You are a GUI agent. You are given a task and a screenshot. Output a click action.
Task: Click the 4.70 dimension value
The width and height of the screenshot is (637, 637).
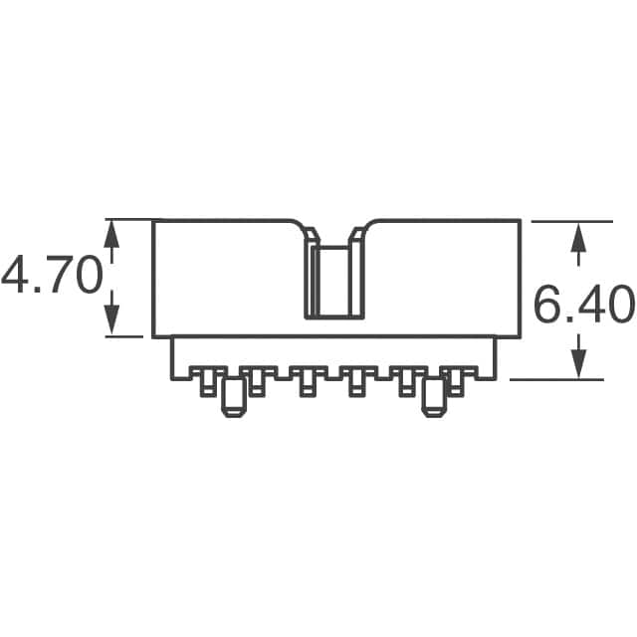click(52, 277)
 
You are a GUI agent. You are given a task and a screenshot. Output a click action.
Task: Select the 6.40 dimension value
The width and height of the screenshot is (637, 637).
click(583, 305)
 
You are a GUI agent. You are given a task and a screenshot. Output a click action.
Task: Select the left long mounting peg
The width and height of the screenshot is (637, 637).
click(231, 398)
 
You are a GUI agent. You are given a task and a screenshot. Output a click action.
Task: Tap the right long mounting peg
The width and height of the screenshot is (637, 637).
click(433, 398)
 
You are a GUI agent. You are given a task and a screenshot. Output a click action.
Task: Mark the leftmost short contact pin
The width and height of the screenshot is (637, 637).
click(208, 382)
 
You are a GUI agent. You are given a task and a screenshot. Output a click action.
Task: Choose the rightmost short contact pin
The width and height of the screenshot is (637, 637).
click(457, 382)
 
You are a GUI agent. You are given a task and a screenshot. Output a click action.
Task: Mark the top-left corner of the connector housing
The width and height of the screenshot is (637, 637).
click(153, 221)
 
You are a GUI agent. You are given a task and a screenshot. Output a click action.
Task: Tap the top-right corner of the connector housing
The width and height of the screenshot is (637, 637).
click(519, 221)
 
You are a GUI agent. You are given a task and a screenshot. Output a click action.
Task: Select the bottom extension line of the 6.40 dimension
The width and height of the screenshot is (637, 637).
click(557, 379)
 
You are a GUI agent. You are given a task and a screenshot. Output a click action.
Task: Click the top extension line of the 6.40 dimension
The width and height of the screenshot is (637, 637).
click(567, 221)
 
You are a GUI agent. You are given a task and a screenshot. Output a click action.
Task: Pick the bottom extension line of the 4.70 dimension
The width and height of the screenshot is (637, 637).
click(124, 336)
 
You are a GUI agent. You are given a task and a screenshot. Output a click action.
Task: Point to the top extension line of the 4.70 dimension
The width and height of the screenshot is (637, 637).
click(124, 219)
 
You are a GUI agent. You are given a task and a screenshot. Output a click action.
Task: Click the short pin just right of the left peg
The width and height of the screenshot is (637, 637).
click(256, 382)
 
